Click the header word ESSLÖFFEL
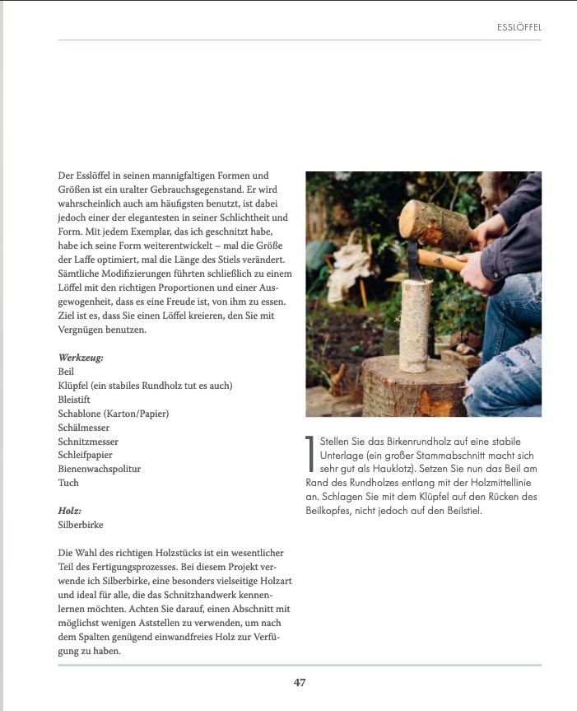(x=519, y=27)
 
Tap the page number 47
(x=300, y=682)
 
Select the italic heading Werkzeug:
(x=80, y=358)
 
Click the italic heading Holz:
(x=69, y=510)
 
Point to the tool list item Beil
(x=66, y=372)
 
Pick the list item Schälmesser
(x=83, y=428)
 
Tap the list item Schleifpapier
(x=85, y=455)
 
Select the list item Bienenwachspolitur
(x=99, y=469)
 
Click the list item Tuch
(x=67, y=483)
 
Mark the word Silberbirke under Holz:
(x=81, y=524)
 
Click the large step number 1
(x=310, y=453)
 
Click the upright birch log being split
(x=415, y=325)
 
